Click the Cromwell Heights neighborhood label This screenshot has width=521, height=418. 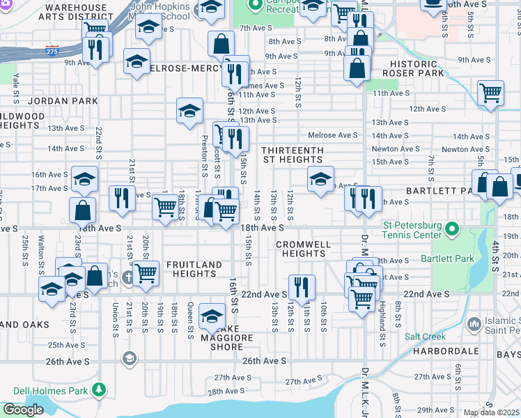click(x=300, y=249)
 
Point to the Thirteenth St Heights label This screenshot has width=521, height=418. click(x=293, y=155)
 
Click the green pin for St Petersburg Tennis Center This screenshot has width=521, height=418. click(x=452, y=229)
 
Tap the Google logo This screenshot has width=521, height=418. click(x=23, y=410)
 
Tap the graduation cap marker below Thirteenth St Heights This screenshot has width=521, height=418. click(x=320, y=178)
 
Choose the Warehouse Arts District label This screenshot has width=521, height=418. click(x=76, y=13)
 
